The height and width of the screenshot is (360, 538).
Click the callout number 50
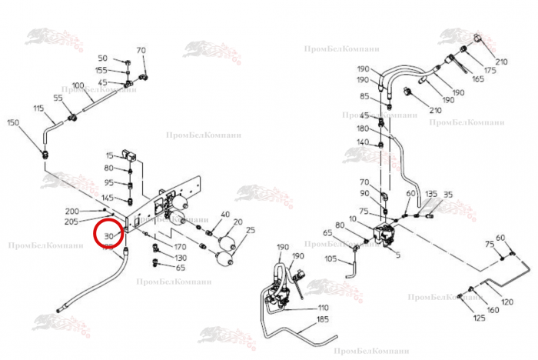[x=103, y=58]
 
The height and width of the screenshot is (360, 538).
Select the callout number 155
[x=101, y=70]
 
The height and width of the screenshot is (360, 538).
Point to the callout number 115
[x=38, y=108]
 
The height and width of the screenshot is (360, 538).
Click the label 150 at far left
[x=13, y=122]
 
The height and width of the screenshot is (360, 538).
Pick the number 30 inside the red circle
[x=108, y=235]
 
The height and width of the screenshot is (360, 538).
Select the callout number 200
[x=71, y=211]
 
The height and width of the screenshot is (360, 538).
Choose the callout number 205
[x=71, y=222]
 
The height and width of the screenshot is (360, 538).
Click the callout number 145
[x=108, y=198]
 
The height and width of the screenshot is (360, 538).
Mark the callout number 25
[x=251, y=230]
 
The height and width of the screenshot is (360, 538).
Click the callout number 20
[x=237, y=221]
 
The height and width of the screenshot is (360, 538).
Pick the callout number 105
[x=331, y=258]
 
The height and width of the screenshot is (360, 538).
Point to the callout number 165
[x=478, y=78]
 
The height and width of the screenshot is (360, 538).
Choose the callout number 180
[x=364, y=128]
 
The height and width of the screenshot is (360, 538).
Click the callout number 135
[x=431, y=194]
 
